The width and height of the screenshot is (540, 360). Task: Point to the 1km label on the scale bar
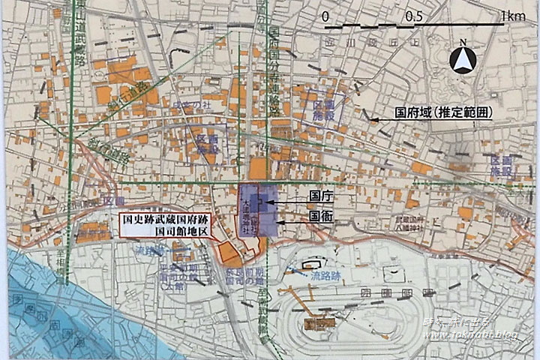click(513, 16)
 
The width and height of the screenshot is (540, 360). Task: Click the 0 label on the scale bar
click(325, 16)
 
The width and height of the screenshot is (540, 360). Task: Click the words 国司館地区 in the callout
click(175, 232)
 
